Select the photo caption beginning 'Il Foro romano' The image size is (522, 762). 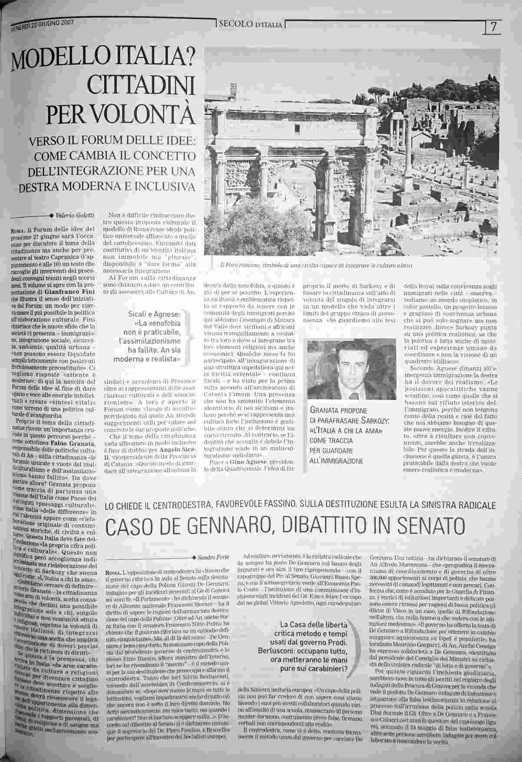(x=316, y=265)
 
